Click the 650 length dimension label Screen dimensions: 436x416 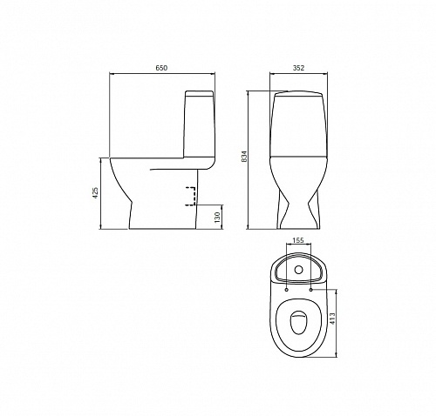point(161,68)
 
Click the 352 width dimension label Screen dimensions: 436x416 point(298,68)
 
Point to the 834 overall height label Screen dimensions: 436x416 point(244,157)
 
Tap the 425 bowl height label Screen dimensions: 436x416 point(95,192)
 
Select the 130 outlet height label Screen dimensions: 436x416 point(217,218)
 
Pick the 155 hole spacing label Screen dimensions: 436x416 point(298,240)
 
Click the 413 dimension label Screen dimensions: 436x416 point(333,319)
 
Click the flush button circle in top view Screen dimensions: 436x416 point(298,270)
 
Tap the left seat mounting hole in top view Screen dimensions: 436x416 point(287,290)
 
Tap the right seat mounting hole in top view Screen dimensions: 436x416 point(311,290)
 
